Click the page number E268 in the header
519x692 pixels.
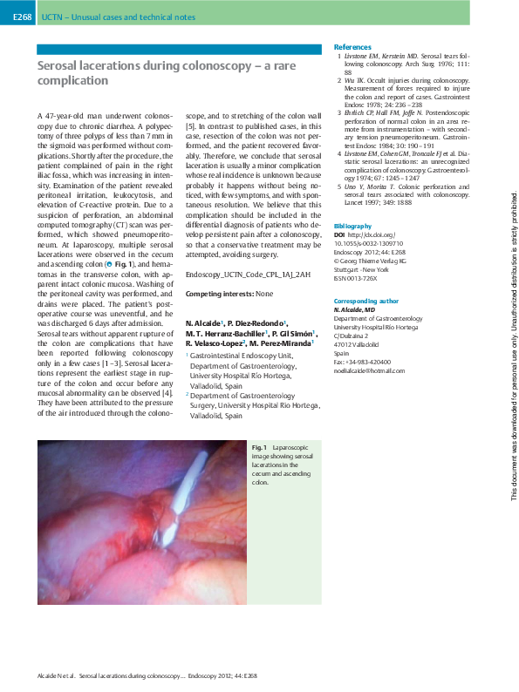pos(22,17)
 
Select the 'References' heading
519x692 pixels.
pos(352,46)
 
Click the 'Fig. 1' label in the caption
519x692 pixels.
pos(260,447)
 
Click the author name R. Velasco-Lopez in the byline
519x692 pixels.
pos(219,368)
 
